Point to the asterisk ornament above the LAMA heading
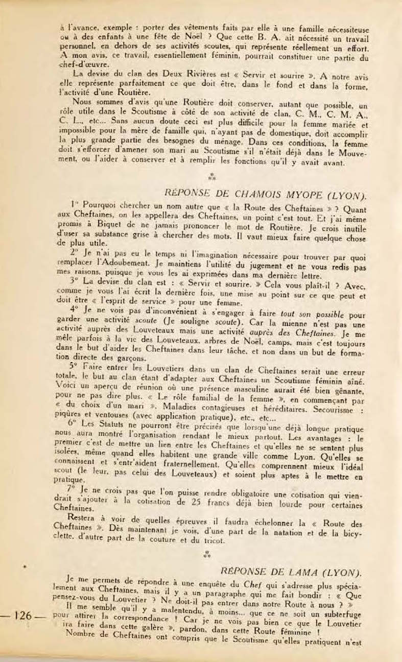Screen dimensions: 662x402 tap(206, 553)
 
